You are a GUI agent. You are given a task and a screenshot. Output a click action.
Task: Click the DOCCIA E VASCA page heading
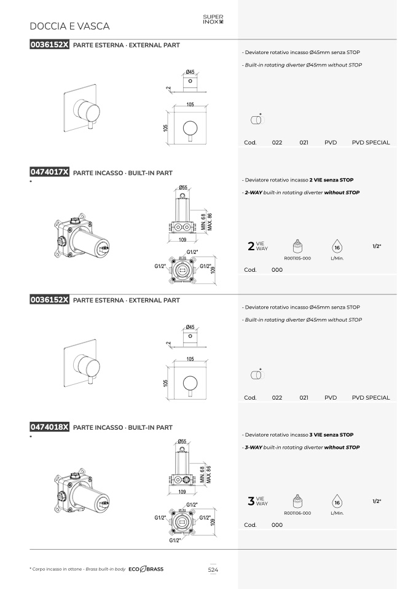(69, 26)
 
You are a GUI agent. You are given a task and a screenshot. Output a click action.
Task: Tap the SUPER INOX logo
(213, 20)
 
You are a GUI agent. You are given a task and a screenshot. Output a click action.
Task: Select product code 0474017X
(50, 172)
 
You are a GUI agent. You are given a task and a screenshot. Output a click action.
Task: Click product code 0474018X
(50, 427)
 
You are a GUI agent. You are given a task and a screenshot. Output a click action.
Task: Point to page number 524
(213, 569)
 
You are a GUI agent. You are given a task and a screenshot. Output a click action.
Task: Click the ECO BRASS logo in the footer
(146, 569)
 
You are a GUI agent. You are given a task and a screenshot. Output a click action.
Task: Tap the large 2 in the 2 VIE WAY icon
(251, 246)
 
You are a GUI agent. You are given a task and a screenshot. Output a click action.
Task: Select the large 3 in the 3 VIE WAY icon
(251, 500)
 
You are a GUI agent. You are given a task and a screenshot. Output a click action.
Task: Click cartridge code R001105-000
(297, 258)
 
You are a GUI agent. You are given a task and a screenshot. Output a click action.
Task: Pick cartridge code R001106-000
(297, 513)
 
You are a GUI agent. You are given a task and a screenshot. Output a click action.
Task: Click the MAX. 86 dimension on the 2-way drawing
(210, 222)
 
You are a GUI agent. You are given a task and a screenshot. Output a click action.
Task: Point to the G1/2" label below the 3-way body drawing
(175, 540)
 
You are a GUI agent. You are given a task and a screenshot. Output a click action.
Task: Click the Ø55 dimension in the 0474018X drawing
(182, 441)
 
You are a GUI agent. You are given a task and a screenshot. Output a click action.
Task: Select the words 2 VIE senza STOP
(332, 180)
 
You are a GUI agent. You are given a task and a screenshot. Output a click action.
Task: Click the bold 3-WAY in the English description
(253, 448)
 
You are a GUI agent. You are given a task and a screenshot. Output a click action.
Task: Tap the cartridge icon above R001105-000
(297, 247)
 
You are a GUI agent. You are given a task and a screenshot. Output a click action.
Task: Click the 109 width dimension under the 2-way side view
(182, 240)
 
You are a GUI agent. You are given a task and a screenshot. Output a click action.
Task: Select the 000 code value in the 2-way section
(277, 270)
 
